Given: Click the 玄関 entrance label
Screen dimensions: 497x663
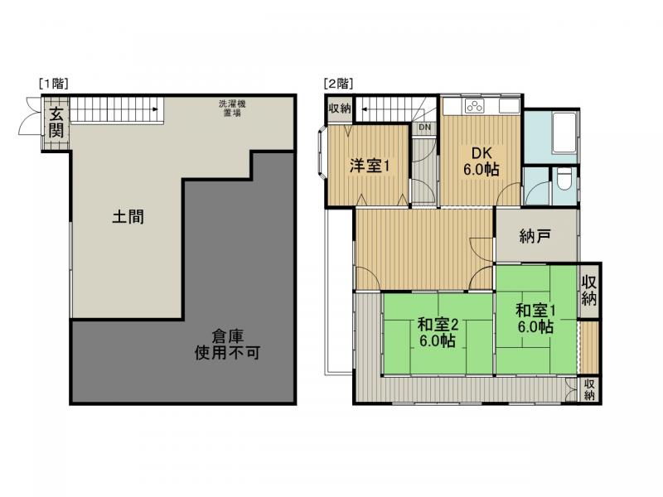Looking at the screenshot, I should click(55, 122).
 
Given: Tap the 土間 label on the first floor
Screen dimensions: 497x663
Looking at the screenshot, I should click(128, 218).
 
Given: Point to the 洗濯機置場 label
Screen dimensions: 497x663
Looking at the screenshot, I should click(231, 108).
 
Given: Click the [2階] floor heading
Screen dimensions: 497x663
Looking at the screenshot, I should click(339, 83).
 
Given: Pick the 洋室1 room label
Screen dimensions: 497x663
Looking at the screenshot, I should click(368, 166).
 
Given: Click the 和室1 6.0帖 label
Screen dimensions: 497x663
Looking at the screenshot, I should click(535, 319).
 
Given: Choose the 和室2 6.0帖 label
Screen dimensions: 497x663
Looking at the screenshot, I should click(436, 332).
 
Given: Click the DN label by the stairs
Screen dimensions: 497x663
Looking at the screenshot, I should click(424, 128).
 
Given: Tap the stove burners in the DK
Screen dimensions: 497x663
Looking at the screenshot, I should click(475, 106).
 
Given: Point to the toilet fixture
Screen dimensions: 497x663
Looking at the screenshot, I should click(562, 179).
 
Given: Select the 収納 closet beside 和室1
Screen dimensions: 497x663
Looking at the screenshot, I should click(589, 290).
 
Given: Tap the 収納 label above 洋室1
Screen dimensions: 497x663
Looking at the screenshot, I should click(339, 109).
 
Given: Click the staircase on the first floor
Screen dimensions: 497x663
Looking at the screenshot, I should click(116, 109).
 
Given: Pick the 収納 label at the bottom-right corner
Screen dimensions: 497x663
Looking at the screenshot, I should click(588, 388).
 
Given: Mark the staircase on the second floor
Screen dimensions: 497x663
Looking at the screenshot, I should click(390, 109).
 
